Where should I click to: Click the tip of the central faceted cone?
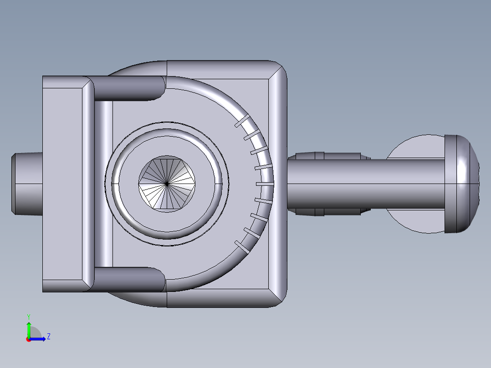pyautogui.click(x=167, y=184)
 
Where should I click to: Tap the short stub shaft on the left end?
pyautogui.click(x=26, y=184)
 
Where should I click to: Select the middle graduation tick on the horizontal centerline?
pyautogui.click(x=264, y=184)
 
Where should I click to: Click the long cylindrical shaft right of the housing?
pyautogui.click(x=364, y=184)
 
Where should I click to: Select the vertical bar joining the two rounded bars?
pyautogui.click(x=103, y=184)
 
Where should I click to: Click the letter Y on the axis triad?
pyautogui.click(x=28, y=316)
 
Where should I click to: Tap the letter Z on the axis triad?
pyautogui.click(x=48, y=337)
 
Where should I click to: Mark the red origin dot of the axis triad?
pyautogui.click(x=28, y=339)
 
